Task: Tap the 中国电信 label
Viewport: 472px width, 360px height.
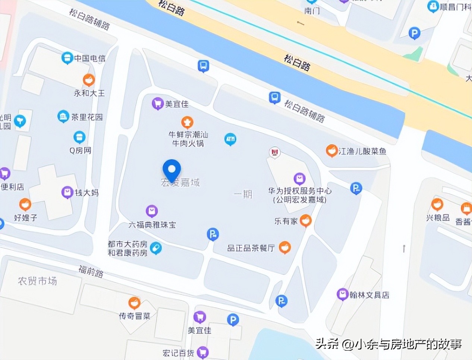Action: pos(89,58)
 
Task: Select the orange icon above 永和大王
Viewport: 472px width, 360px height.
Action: pos(89,80)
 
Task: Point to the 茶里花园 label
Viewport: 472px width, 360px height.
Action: pos(87,117)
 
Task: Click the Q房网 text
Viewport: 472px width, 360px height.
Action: pos(80,151)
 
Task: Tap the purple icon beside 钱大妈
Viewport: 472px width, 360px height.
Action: pos(67,192)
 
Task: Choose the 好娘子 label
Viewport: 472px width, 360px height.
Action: pos(25,218)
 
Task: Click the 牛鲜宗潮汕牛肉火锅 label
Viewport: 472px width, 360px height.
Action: pos(188,139)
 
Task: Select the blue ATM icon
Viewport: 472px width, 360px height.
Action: pos(230,139)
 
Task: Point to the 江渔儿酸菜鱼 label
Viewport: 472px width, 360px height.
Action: pos(362,151)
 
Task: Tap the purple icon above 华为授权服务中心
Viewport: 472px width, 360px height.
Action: pos(299,179)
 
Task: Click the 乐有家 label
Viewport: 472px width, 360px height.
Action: pos(286,221)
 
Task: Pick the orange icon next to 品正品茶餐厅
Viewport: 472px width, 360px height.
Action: pos(285,247)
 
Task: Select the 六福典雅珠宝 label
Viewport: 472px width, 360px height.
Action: pos(152,225)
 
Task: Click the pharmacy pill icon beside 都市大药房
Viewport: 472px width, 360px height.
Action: pos(156,248)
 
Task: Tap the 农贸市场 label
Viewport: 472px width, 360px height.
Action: pos(37,281)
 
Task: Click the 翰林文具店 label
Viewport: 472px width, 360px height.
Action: pos(369,295)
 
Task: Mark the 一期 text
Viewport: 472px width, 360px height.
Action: pos(243,194)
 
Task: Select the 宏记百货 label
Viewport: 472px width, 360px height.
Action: pos(178,353)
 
